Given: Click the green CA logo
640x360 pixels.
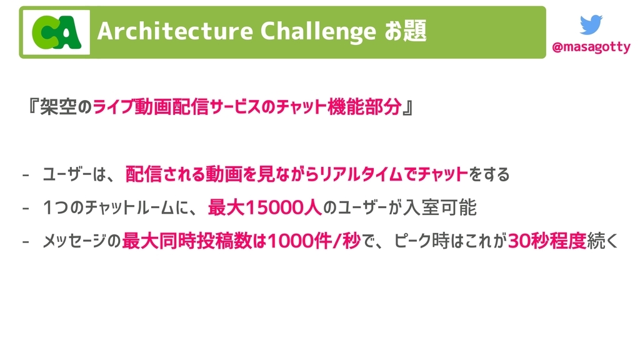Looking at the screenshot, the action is click(x=56, y=32).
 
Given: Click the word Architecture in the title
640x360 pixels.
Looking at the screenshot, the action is click(x=176, y=31).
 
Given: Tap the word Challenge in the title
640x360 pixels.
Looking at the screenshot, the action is click(x=318, y=32).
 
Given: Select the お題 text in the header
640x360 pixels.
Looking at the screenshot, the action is click(x=405, y=31).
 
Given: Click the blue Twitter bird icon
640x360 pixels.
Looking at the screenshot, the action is click(x=591, y=24).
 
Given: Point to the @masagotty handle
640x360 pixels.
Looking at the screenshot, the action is click(x=591, y=47).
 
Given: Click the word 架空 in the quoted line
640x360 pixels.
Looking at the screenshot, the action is click(x=58, y=107).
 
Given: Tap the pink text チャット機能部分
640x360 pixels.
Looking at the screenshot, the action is click(x=338, y=107).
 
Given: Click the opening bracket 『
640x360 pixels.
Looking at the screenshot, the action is click(x=32, y=107).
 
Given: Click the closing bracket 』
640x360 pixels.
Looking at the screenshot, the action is click(x=408, y=107).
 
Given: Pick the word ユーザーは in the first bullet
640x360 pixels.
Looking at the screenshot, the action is click(x=74, y=174).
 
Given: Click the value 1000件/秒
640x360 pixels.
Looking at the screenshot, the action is click(x=314, y=241).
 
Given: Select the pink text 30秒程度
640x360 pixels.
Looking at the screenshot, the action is click(x=547, y=241).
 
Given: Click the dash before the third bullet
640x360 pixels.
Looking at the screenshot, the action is click(x=26, y=242).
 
